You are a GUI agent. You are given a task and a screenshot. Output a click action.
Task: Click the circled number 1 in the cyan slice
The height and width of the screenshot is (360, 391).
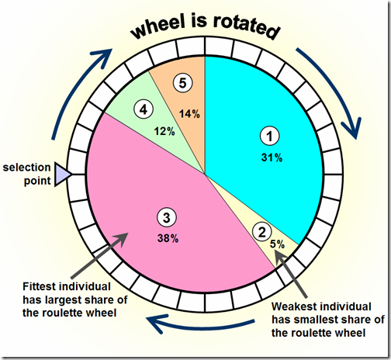(x=270, y=136)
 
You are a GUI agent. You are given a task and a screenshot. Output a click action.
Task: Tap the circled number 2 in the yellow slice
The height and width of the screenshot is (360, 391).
(x=262, y=231)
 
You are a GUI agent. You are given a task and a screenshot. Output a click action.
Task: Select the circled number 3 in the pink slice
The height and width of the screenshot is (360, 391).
(x=167, y=217)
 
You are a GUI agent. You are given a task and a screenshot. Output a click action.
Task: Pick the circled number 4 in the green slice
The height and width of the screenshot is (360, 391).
(x=144, y=109)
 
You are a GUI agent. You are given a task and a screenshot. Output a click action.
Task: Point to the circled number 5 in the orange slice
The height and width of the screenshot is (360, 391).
(x=183, y=83)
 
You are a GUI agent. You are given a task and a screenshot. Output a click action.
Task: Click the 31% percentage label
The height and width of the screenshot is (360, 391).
(x=272, y=157)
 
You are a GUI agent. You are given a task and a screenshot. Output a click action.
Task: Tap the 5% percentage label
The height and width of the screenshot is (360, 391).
(x=278, y=244)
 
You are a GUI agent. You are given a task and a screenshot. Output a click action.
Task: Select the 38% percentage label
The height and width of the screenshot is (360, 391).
(x=168, y=238)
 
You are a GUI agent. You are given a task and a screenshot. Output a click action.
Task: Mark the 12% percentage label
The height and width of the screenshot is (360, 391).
(x=164, y=131)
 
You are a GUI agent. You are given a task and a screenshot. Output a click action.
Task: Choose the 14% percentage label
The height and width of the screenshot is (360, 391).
(x=189, y=114)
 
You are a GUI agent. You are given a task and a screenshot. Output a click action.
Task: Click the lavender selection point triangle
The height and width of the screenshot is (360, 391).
(x=62, y=175)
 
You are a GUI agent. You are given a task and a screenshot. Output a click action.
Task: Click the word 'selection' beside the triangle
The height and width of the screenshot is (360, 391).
(x=26, y=168)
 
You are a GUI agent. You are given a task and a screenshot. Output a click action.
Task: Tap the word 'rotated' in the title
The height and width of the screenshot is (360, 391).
(x=247, y=27)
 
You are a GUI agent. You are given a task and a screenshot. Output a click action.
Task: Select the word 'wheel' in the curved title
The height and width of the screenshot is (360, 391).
(x=158, y=27)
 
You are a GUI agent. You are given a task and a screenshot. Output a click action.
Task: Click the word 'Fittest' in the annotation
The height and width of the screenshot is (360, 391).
(x=40, y=286)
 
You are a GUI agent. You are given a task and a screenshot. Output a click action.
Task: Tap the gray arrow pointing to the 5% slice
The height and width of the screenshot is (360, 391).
(x=290, y=274)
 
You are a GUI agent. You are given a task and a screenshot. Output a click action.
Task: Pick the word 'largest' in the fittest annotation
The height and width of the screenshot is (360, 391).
(x=58, y=300)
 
